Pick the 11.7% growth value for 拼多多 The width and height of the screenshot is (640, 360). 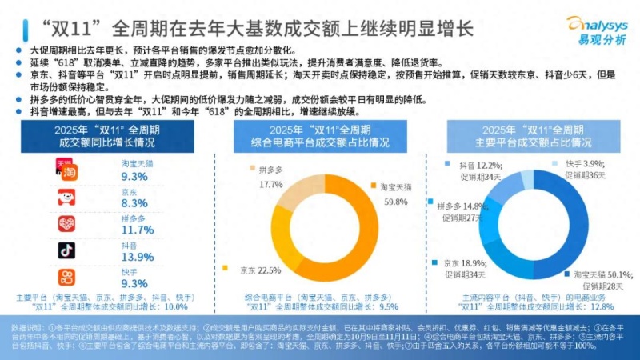click(136, 230)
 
